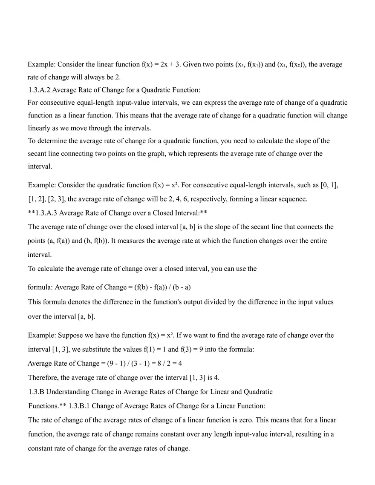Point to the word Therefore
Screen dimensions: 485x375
pos(43,377)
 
